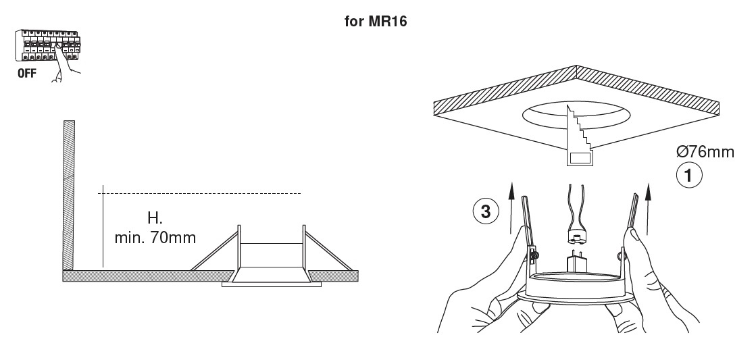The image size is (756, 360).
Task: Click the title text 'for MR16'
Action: click(376, 21)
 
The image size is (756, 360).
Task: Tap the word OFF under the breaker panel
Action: click(26, 74)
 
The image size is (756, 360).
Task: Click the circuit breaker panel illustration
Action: click(47, 45)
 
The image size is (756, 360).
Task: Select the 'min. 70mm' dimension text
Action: click(155, 238)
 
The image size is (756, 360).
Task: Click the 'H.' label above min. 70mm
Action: click(155, 218)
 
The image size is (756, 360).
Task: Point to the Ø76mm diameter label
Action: click(705, 152)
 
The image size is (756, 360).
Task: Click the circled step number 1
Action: click(689, 175)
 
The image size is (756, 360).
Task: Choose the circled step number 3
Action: click(486, 211)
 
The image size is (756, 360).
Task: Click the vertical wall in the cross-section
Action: click(68, 195)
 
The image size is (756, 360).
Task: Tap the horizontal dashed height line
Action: click(199, 193)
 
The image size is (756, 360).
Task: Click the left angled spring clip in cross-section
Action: click(216, 251)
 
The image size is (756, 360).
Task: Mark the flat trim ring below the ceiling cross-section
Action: click(272, 284)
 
